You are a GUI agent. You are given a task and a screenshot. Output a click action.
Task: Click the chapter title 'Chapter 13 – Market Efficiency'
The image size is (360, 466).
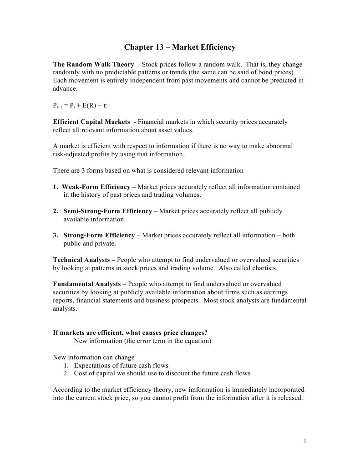[x=180, y=47]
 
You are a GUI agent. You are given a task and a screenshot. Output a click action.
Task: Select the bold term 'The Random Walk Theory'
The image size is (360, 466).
[x=93, y=65]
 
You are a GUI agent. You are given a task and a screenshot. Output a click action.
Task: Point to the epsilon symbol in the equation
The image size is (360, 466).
[x=105, y=106]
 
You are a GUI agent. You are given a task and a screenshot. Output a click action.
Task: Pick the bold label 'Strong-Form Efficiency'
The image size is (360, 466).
[x=99, y=236]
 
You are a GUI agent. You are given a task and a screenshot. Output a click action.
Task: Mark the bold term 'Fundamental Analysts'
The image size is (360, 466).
[x=87, y=284]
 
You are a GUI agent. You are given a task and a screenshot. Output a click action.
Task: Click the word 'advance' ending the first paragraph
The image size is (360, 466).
[x=65, y=89]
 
